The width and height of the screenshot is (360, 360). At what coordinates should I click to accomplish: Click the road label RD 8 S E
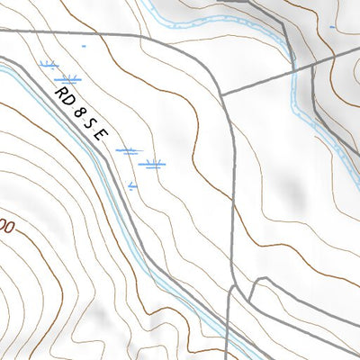click(x=82, y=112)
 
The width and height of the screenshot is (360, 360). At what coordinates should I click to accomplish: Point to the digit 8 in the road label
click(x=79, y=110)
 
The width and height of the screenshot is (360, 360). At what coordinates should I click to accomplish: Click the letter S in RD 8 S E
click(x=91, y=122)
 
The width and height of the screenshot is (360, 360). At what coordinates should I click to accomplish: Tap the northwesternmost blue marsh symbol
click(x=49, y=64)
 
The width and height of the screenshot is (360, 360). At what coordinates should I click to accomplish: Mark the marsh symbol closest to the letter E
click(x=129, y=151)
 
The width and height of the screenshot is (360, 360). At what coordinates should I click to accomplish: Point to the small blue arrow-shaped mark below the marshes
click(x=133, y=186)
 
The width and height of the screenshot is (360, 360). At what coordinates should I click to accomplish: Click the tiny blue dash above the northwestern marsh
click(x=84, y=45)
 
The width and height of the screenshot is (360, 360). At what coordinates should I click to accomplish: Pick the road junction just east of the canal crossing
click(x=312, y=64)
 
